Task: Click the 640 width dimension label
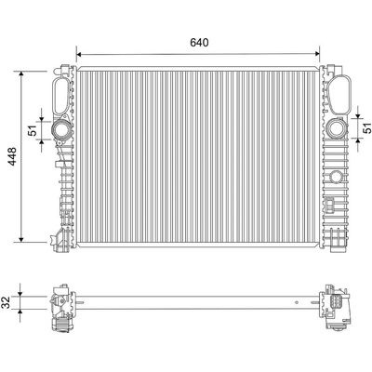click(x=199, y=43)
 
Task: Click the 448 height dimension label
click(x=13, y=156)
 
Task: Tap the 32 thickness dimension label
click(x=7, y=302)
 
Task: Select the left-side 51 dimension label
click(x=33, y=130)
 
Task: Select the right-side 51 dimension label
click(x=366, y=127)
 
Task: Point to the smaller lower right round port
click(x=336, y=177)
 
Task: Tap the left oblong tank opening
click(x=61, y=95)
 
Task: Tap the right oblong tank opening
click(x=339, y=94)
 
